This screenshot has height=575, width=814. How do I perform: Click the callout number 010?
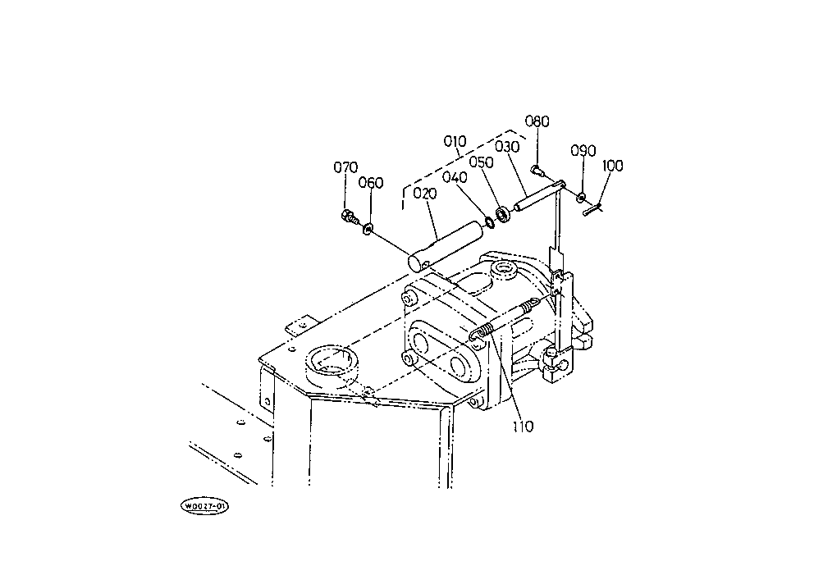point(455,142)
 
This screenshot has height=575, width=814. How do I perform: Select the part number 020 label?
point(425,194)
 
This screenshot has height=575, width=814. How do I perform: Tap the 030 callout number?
point(507,147)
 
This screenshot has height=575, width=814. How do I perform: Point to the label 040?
point(455,177)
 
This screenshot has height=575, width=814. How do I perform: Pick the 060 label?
point(371,183)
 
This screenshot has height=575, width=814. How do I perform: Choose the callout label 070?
point(345,168)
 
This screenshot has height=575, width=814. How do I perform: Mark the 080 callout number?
point(537,122)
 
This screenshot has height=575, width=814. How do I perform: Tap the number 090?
point(583,152)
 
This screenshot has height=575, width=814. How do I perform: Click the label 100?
point(612,166)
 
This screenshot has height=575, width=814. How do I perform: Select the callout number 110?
point(523,426)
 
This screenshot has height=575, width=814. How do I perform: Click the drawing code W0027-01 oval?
point(205,506)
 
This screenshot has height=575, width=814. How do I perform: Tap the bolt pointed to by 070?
point(348,217)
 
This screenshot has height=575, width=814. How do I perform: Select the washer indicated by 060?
point(367,227)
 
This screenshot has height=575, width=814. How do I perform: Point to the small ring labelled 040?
point(490,220)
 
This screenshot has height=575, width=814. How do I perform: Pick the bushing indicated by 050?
point(503,215)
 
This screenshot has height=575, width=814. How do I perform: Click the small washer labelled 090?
point(581,197)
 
